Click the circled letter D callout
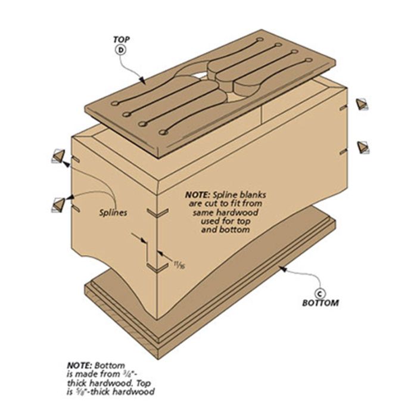click(x=120, y=50)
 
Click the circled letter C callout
click(x=319, y=293)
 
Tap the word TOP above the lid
click(x=122, y=40)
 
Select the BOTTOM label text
click(x=320, y=303)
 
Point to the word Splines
click(x=113, y=213)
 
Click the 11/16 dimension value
click(x=179, y=264)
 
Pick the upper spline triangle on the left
click(x=59, y=156)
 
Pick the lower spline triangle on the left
click(x=59, y=204)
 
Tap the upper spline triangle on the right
click(x=362, y=104)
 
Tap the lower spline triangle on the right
click(x=362, y=147)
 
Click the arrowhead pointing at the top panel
click(x=142, y=80)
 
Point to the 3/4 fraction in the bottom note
click(x=125, y=374)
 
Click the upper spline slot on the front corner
click(x=158, y=212)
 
